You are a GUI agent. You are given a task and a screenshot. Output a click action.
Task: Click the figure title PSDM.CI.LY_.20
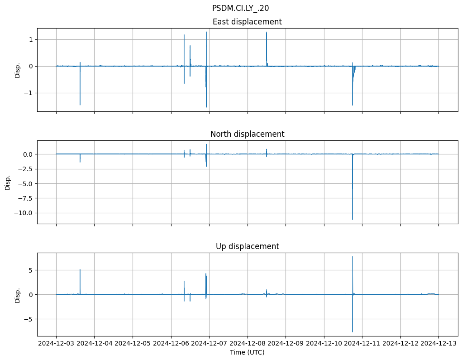(240, 8)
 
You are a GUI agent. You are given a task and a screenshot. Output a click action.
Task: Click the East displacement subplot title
(247, 22)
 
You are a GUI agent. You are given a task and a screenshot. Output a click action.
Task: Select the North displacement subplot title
(247, 134)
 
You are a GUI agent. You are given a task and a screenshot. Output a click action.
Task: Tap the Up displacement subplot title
(247, 246)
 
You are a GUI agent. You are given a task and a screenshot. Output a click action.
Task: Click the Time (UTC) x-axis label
(247, 352)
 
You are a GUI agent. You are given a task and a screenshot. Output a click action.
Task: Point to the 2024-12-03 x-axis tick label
(56, 344)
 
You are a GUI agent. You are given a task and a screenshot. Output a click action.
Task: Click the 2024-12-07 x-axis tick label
(209, 344)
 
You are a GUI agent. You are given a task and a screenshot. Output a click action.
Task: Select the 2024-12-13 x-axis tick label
(438, 344)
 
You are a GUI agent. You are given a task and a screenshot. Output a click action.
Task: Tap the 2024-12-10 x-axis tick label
(324, 344)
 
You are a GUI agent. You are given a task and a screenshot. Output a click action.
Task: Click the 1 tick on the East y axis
(31, 39)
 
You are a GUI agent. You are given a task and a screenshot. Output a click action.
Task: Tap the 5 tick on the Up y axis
(31, 270)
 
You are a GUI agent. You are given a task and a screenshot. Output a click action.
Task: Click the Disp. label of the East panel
(18, 70)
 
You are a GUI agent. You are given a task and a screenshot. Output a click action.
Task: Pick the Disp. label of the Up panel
(18, 295)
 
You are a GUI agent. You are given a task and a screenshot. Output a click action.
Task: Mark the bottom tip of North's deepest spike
(352, 220)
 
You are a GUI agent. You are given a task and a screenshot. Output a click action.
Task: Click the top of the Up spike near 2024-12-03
(80, 269)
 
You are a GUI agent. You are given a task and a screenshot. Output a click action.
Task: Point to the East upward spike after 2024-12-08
(267, 32)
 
